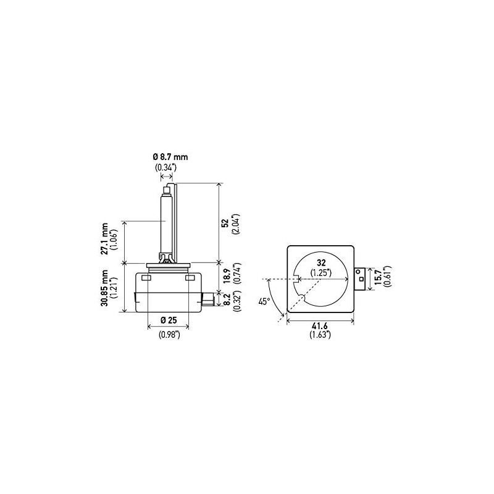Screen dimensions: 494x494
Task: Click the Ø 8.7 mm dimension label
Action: tap(170, 157)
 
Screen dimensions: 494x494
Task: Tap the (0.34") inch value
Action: tap(165, 167)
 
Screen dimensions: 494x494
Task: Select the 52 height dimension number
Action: tap(225, 223)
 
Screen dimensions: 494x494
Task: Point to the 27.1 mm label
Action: tap(104, 238)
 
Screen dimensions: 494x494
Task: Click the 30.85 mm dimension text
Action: tap(104, 287)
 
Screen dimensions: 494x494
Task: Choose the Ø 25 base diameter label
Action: tap(169, 320)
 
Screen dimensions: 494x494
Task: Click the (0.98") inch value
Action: tap(169, 335)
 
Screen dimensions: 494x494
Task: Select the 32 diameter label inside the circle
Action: tap(322, 263)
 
